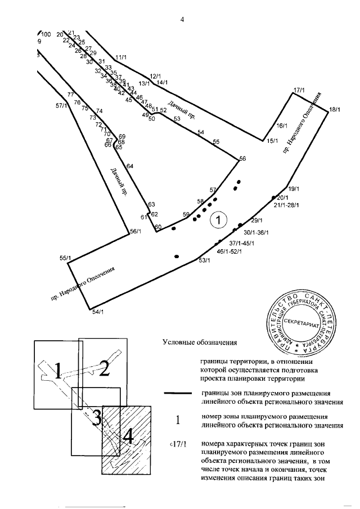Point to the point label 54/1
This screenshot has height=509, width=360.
point(97,311)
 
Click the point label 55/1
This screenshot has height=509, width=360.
point(65,258)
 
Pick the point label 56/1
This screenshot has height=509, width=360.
point(136,231)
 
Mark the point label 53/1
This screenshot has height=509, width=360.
point(204,260)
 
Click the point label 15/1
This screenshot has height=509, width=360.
point(272,141)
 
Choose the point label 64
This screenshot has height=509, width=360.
point(130,166)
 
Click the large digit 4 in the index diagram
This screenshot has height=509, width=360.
point(129,436)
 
